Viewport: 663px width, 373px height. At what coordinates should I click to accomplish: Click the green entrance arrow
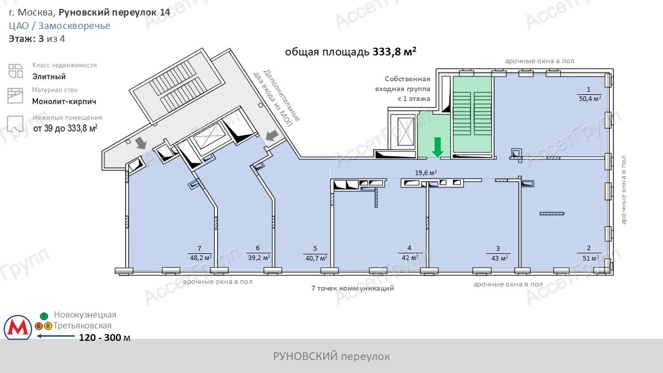pos(438,147)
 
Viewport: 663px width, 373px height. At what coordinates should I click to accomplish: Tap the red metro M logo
pos(18,327)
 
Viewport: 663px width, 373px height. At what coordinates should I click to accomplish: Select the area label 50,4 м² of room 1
pos(590,99)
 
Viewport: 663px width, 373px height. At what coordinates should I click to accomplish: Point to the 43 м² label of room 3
pos(500,258)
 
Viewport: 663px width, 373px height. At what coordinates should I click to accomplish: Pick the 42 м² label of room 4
pos(410,258)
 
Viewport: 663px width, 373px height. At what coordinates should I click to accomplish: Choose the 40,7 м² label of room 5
pos(316,259)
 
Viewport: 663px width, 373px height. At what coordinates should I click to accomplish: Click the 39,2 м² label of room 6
pos(259,258)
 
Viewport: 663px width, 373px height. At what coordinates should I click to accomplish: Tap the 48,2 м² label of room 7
pos(200,258)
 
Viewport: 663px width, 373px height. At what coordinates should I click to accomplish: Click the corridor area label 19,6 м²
pos(426,173)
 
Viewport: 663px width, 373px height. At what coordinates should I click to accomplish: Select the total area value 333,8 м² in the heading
pos(394,52)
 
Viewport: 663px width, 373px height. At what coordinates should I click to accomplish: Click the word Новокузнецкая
pos(85,314)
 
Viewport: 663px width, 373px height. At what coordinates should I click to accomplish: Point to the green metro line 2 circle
pos(44,316)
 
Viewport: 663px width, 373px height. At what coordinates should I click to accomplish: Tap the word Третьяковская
pos(82,326)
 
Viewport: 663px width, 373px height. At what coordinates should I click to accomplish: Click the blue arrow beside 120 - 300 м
pos(55,336)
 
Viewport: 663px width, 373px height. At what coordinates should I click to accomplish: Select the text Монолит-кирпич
pos(64,102)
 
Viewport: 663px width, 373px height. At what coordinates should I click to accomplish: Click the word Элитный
pos(49,77)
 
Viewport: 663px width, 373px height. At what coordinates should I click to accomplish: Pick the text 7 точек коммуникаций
pos(353,288)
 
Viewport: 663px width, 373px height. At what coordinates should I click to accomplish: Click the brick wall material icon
pos(15,96)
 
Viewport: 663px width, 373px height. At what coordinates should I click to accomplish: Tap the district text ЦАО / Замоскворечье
pos(60,26)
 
